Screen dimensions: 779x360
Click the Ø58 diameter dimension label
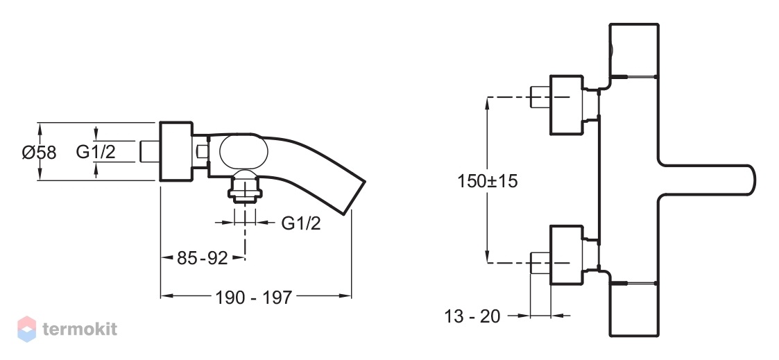click(x=40, y=153)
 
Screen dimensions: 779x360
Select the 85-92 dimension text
click(x=202, y=258)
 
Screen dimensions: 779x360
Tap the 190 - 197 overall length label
click(x=253, y=298)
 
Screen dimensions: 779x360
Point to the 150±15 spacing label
click(x=488, y=181)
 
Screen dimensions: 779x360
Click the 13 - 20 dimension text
click(x=472, y=316)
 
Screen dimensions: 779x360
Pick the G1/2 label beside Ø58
click(x=96, y=152)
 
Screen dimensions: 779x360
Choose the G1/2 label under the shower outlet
click(x=301, y=223)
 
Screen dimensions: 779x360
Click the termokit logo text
click(x=80, y=329)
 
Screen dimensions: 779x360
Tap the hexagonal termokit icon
click(x=27, y=329)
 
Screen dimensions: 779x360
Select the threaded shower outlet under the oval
click(x=244, y=187)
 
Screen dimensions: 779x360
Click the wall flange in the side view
click(x=176, y=151)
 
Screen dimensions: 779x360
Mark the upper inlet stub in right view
click(x=540, y=96)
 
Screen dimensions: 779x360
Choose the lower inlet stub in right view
click(x=540, y=263)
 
